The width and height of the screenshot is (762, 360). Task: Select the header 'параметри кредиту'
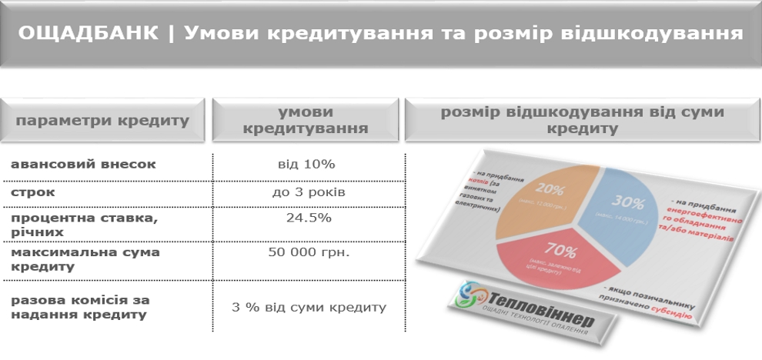tap(102, 121)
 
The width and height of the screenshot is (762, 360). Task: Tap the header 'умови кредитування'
tap(305, 120)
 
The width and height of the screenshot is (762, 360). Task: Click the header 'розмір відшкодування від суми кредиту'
tap(582, 120)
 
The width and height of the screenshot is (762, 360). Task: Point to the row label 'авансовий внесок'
tap(83, 164)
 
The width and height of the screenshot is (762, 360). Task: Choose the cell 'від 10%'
tap(306, 164)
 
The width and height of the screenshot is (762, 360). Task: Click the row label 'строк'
tap(33, 192)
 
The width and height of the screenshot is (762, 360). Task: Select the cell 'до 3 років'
tap(306, 192)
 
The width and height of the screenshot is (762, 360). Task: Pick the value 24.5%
tap(306, 218)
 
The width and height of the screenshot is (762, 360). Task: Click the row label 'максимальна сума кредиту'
tap(85, 259)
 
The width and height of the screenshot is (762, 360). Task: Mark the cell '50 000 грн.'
tap(306, 252)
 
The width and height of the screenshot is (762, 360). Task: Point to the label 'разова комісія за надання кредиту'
tap(80, 307)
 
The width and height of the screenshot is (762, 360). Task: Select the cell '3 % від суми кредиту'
tap(308, 308)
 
